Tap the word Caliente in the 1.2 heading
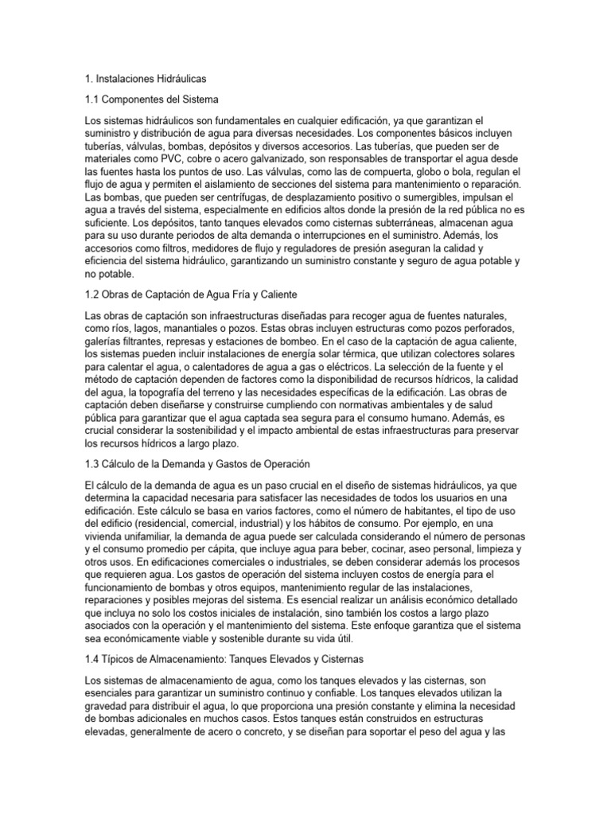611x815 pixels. pos(296,294)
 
